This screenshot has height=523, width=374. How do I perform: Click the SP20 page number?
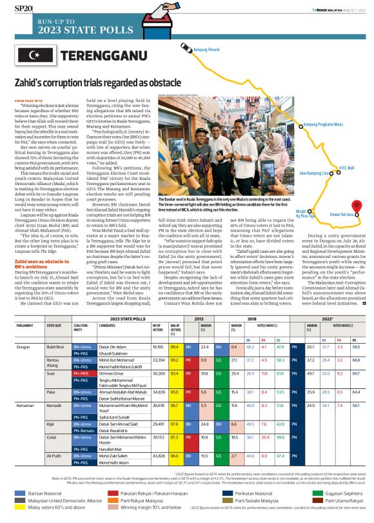point(24,9)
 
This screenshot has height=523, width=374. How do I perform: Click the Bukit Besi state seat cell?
point(55,347)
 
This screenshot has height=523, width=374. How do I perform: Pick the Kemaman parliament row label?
point(25,405)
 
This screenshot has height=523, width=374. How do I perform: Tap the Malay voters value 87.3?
point(174,438)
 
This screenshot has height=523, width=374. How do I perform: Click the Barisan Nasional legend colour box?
point(19,492)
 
